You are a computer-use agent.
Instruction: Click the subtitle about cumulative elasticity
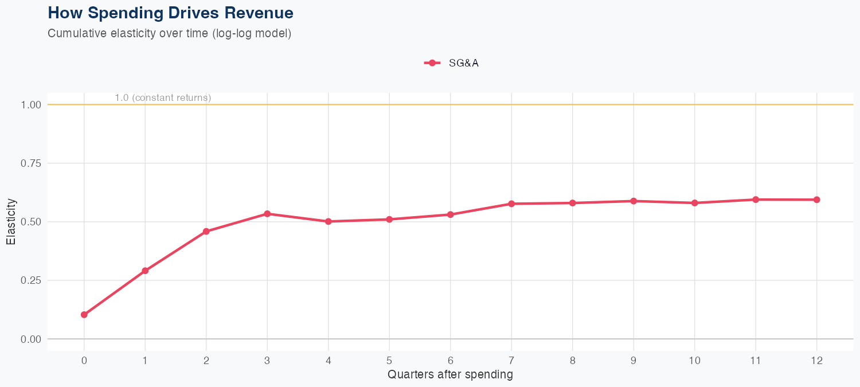click(x=170, y=33)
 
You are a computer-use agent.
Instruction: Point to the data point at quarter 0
click(x=84, y=315)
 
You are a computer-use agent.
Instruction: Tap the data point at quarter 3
click(x=267, y=214)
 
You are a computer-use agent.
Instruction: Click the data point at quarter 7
click(x=511, y=204)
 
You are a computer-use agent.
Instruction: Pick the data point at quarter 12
click(x=816, y=200)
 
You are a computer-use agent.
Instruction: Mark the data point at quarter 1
click(x=145, y=271)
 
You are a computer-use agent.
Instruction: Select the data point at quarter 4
click(x=328, y=221)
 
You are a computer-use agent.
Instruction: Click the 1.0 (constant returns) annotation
click(x=163, y=98)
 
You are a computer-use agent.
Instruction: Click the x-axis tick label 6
click(x=450, y=361)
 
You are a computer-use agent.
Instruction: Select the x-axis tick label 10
click(x=694, y=361)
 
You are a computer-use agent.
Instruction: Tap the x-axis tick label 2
click(x=206, y=361)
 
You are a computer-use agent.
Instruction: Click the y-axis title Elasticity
click(x=11, y=221)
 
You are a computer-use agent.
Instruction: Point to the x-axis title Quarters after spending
click(x=450, y=375)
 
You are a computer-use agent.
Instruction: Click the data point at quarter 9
click(x=634, y=201)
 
